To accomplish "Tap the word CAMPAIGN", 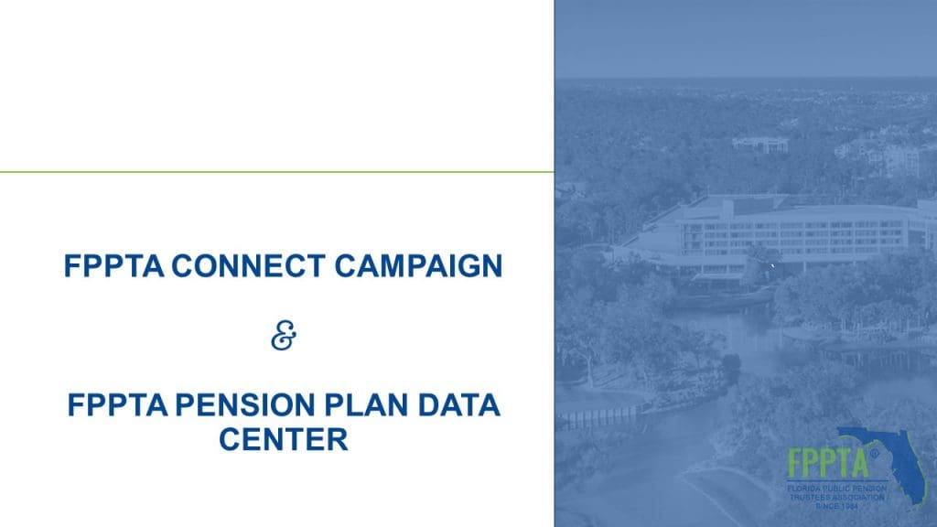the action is point(418,266).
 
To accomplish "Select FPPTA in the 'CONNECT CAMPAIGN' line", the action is point(113,266).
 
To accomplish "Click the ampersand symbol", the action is point(284,335).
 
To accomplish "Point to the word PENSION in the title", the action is point(245,405).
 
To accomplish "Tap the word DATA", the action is point(459,405).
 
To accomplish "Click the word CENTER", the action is point(284,440).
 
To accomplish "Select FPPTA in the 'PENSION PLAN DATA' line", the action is point(117,405).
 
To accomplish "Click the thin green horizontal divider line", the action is point(276,172).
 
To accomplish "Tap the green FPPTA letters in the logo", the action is point(828,462).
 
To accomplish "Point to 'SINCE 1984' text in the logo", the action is point(837,506).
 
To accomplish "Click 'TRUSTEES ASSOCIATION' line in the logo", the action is point(836,497).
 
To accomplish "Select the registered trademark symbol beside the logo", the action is point(874,453).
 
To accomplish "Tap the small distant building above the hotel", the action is point(760,145).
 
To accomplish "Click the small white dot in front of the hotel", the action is point(772,263).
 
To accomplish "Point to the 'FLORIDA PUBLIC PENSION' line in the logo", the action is point(836,489).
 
